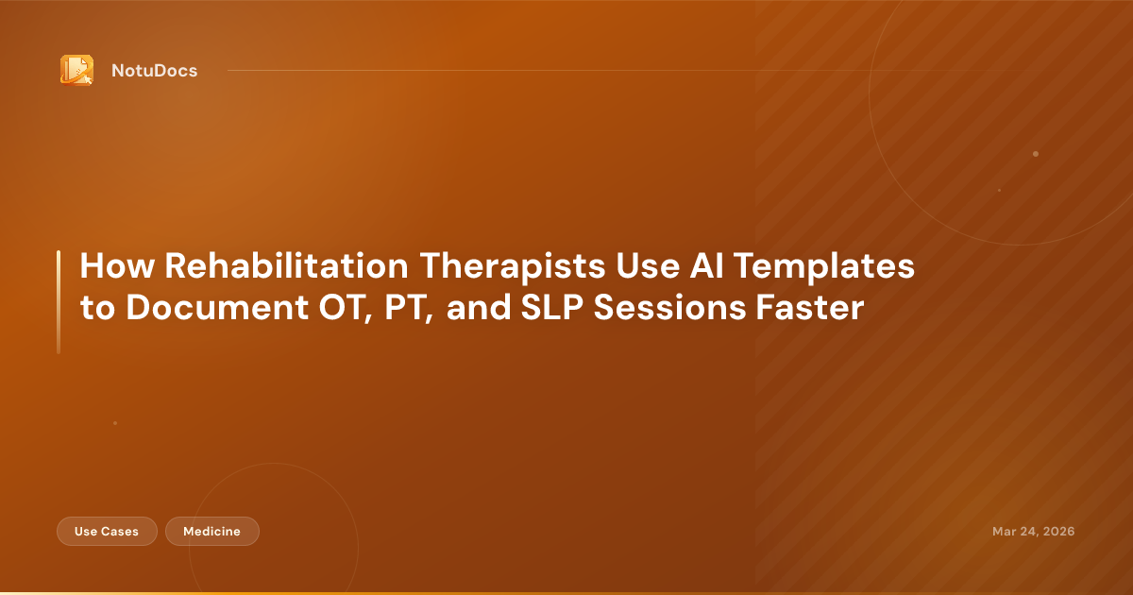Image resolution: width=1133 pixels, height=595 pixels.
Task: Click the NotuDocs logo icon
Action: tap(76, 70)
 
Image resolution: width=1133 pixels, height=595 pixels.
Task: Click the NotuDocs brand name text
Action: tap(154, 71)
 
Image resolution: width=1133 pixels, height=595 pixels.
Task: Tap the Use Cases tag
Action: tap(107, 532)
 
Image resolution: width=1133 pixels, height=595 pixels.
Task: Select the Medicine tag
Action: tap(211, 532)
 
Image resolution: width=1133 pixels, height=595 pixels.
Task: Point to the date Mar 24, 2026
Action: tap(1033, 532)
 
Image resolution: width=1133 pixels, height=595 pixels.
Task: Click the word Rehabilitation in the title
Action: tap(287, 267)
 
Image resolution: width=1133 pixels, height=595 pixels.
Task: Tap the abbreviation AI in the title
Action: tap(693, 267)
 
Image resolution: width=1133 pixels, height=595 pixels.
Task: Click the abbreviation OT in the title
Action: tap(326, 309)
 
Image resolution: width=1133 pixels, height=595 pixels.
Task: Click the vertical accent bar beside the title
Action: tap(59, 302)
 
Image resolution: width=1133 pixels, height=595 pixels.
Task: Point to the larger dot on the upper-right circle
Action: tap(1036, 154)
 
